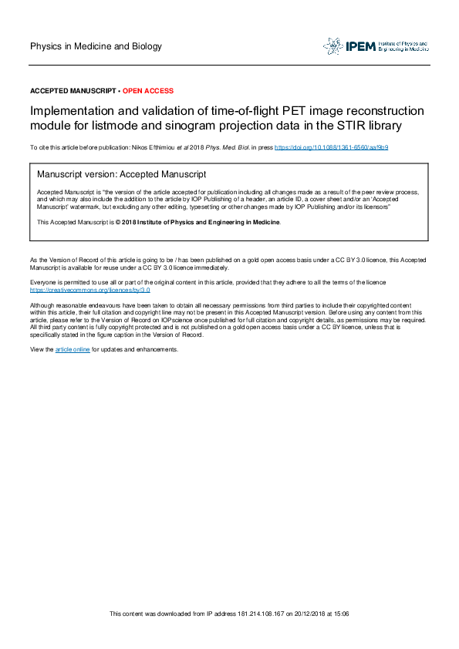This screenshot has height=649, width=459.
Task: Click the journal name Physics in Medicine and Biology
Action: point(96,46)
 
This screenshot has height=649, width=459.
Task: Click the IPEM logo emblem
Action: point(332,46)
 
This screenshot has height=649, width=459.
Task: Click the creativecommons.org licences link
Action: point(89,291)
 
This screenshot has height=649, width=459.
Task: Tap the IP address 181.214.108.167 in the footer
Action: point(257,614)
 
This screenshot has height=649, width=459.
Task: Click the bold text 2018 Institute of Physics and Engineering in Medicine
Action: point(200,222)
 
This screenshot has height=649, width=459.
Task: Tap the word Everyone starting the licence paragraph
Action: point(44,284)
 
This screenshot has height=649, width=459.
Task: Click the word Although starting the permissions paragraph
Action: point(44,304)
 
